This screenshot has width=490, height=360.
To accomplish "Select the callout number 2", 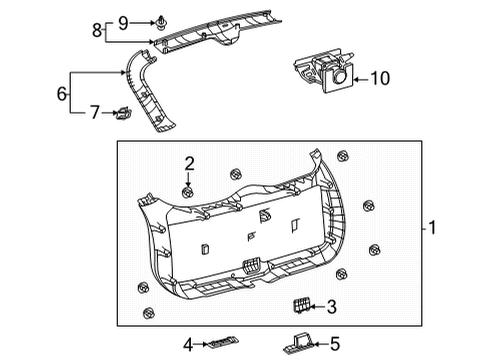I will pos(187,162).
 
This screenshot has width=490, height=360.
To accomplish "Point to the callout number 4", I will pos(187,344).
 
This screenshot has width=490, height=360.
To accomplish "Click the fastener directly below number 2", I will pos(186,188).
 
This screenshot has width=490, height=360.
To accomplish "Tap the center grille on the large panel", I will pos(253,266).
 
